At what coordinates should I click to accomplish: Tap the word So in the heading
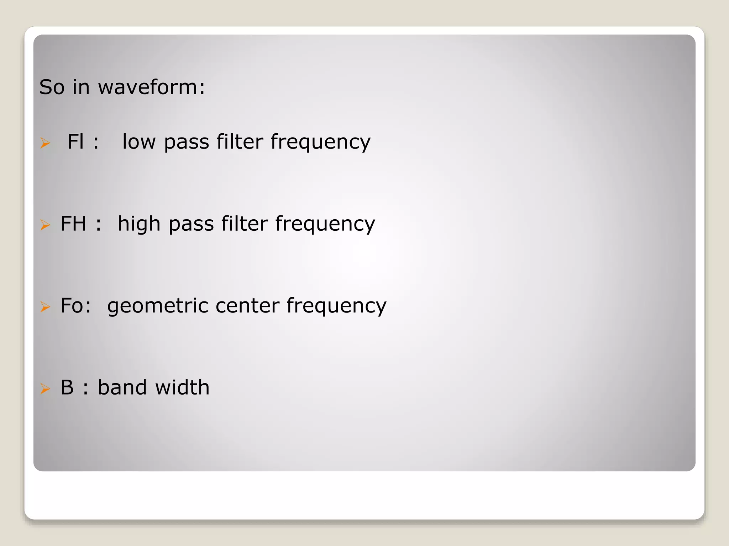point(52,87)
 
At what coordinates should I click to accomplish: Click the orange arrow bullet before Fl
point(45,143)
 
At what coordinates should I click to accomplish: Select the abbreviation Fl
point(75,141)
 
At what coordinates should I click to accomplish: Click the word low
point(139,141)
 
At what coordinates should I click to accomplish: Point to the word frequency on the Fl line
point(320,143)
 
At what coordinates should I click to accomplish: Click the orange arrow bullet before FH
point(45,225)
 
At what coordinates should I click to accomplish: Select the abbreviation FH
point(73,224)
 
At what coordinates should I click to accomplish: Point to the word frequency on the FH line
point(325,225)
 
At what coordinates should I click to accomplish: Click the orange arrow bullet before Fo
point(45,306)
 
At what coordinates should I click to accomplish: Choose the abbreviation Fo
point(72,305)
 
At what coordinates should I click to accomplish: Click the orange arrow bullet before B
point(45,389)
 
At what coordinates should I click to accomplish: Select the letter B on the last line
point(67,387)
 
